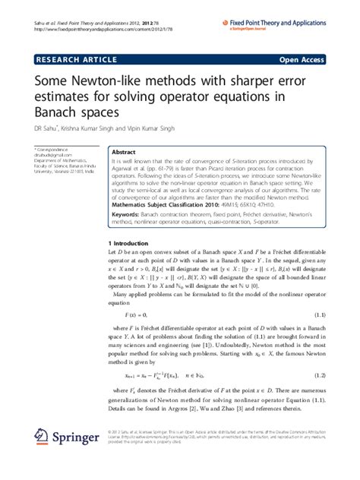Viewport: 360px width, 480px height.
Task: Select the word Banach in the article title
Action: [x=59, y=112]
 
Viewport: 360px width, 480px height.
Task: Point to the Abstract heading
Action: [x=124, y=152]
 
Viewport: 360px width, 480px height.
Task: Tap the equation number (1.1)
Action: [x=320, y=314]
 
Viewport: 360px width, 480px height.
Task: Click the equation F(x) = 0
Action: [x=137, y=314]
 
